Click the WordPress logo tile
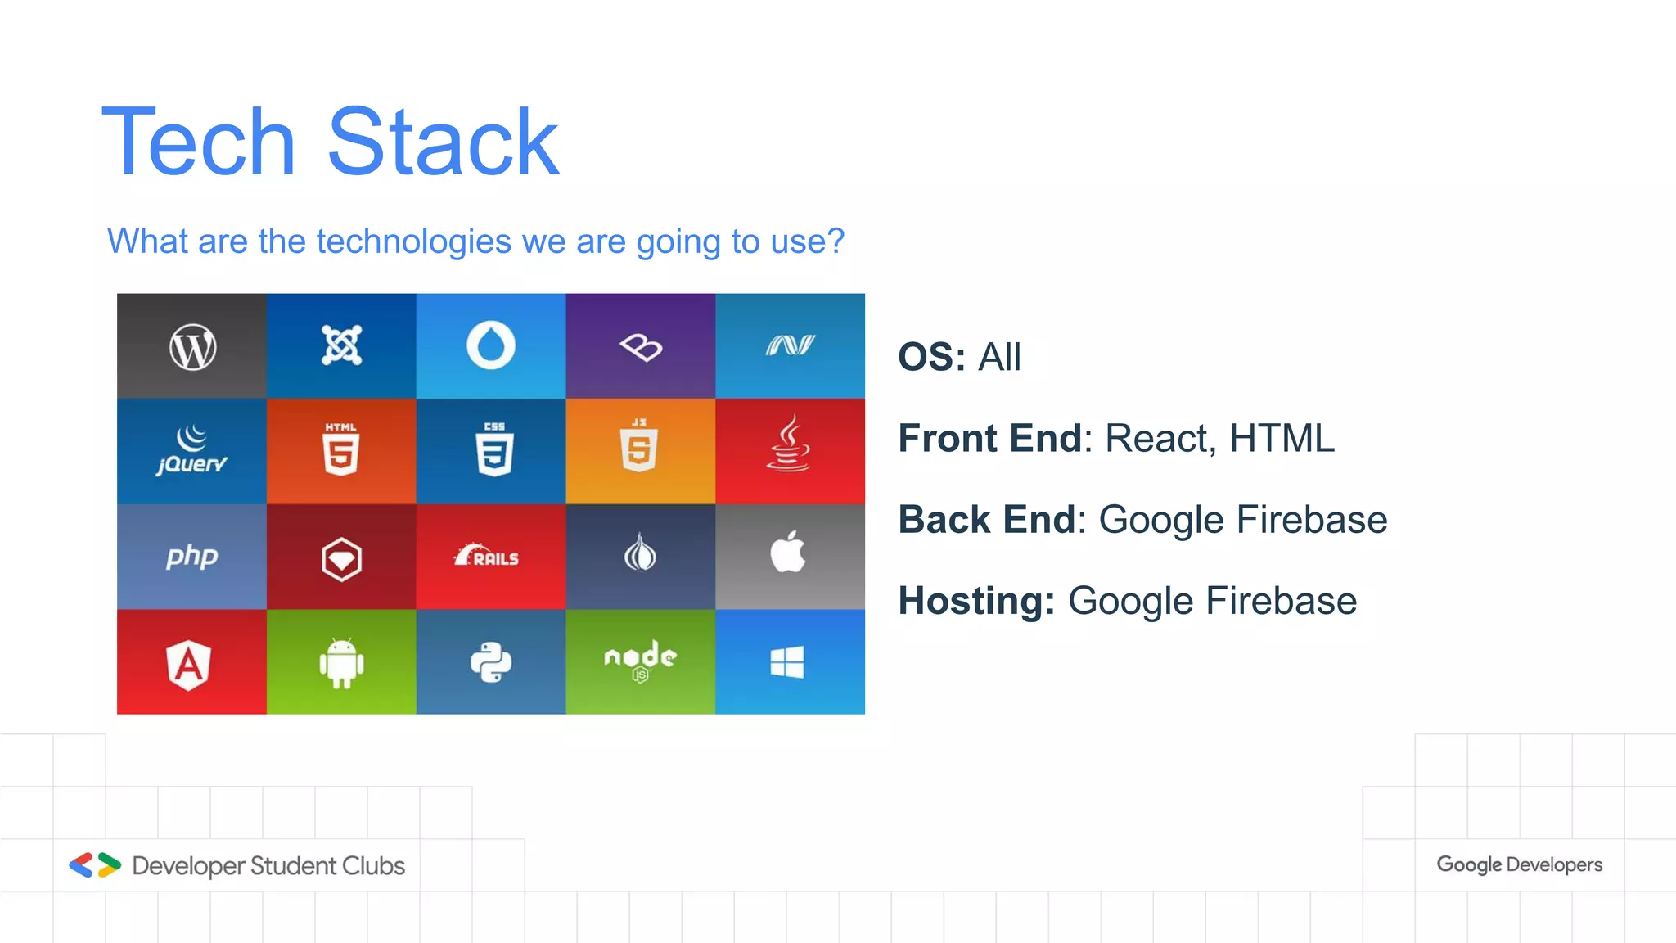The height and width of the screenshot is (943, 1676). (192, 347)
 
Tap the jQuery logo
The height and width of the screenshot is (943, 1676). (191, 451)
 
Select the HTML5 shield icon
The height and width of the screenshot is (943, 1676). (341, 449)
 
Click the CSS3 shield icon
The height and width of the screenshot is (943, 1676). (494, 449)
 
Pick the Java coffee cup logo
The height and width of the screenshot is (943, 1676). (788, 444)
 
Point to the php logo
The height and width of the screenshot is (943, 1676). (191, 557)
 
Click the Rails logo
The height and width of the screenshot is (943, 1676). (488, 556)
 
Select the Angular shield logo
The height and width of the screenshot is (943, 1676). (189, 664)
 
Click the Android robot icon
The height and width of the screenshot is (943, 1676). (341, 662)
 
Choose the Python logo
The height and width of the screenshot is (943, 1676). (491, 662)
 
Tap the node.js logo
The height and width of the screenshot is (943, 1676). (640, 660)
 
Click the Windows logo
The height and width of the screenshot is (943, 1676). (787, 662)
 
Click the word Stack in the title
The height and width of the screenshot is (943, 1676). (443, 142)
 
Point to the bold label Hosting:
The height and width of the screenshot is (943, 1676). (976, 602)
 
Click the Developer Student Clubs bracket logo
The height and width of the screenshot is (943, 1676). (95, 865)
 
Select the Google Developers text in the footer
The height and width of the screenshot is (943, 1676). (1519, 864)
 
